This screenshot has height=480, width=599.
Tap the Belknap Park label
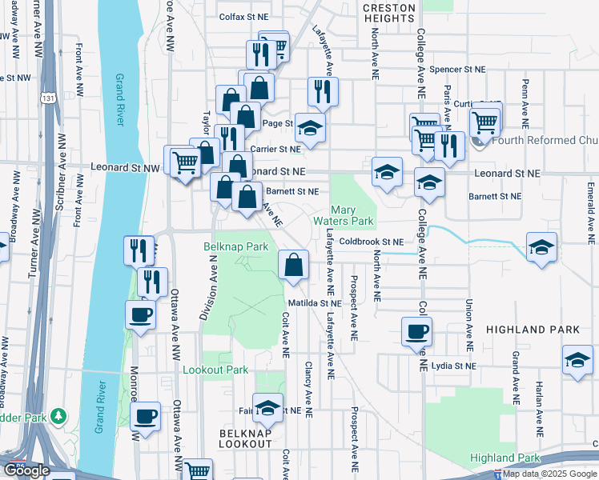tap(235, 246)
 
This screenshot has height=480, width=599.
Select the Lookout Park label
tap(215, 370)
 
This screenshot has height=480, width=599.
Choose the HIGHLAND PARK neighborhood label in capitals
tap(532, 330)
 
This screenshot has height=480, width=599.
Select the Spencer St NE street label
tap(457, 70)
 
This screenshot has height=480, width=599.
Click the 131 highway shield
tap(48, 98)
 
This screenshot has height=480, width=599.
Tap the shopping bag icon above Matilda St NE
tap(294, 265)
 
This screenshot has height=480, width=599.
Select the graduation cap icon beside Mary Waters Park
tap(387, 172)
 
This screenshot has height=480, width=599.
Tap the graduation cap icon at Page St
tap(310, 127)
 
